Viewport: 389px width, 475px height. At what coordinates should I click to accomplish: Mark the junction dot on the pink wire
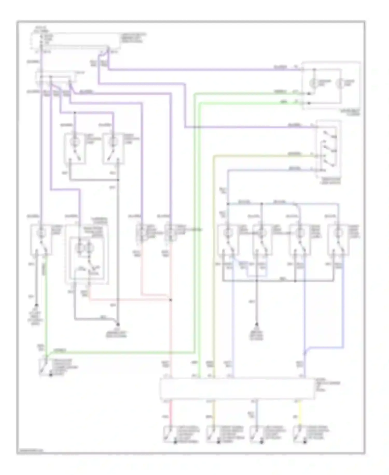click(x=171, y=300)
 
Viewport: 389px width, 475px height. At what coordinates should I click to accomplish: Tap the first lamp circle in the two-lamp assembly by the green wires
click(x=314, y=83)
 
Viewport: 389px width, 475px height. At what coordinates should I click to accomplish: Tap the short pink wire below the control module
click(x=171, y=413)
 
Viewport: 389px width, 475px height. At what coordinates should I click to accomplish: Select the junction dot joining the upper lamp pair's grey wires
click(x=118, y=180)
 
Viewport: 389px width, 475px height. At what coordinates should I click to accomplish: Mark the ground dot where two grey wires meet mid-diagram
click(x=118, y=324)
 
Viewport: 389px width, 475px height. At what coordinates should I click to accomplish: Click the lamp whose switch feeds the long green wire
click(x=41, y=233)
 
